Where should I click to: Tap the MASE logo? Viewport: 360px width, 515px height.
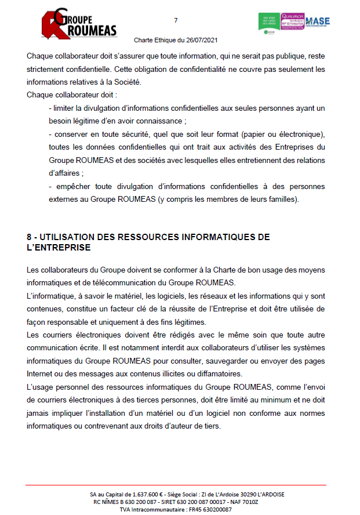[x=317, y=22]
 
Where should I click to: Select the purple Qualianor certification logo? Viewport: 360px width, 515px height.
[x=292, y=22]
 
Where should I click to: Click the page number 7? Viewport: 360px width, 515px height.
[x=176, y=21]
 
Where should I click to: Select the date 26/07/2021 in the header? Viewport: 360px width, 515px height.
[x=201, y=41]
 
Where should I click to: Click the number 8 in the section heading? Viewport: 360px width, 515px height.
[x=30, y=237]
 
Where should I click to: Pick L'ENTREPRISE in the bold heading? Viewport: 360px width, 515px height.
[x=59, y=248]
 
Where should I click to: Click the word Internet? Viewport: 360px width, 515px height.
[x=39, y=373]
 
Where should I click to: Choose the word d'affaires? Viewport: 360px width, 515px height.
[x=66, y=173]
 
